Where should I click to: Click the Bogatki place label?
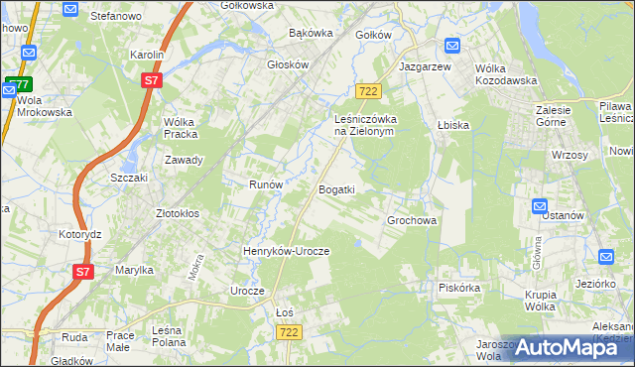point(335,189)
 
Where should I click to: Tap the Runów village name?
point(266,184)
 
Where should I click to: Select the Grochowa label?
point(412,220)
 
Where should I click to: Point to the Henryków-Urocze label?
point(286,251)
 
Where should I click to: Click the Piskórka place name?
point(459,288)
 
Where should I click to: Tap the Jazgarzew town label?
point(425,65)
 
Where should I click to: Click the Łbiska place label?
point(452,125)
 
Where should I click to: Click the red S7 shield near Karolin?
point(151,80)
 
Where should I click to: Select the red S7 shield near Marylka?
point(84,271)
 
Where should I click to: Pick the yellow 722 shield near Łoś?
point(288,332)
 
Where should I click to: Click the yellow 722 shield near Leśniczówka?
point(368,90)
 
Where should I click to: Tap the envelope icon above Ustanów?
point(540,206)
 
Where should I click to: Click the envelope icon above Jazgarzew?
point(452,46)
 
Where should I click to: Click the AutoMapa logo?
point(570,346)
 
